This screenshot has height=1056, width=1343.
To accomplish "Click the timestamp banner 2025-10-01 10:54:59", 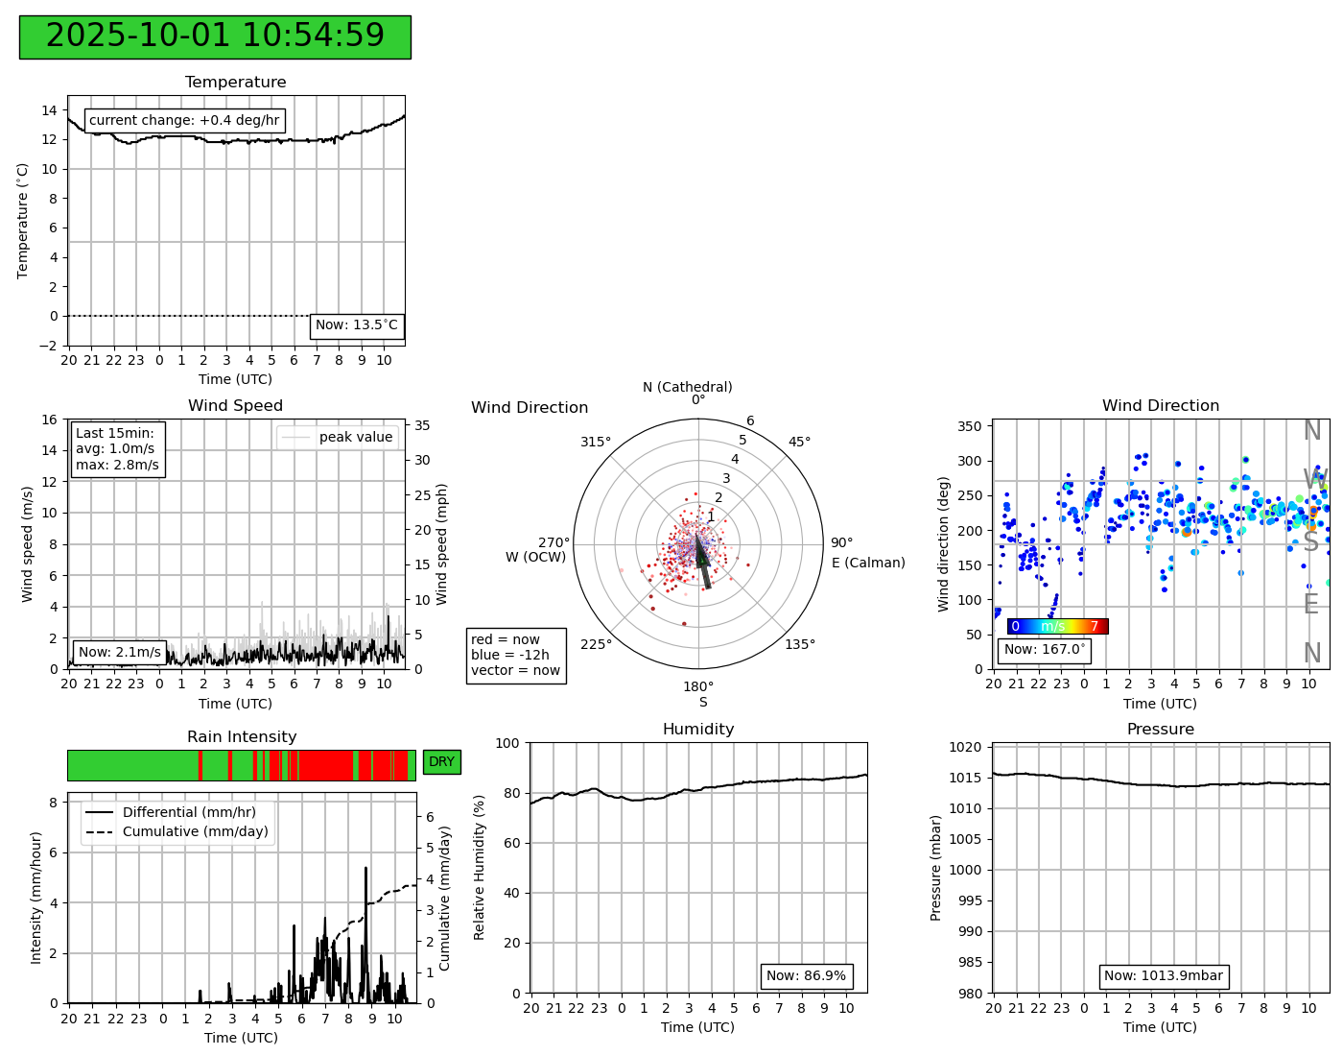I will tap(215, 36).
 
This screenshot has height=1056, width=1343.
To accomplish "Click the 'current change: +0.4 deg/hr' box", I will tap(185, 120).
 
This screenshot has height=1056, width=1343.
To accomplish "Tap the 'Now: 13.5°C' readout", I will tap(357, 325).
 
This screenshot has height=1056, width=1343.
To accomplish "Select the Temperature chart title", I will tap(235, 83).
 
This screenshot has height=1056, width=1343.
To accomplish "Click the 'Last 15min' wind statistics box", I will tap(118, 449).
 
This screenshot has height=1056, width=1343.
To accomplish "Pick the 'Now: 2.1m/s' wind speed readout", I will tap(119, 652).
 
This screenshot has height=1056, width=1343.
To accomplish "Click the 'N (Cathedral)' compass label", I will tap(687, 387).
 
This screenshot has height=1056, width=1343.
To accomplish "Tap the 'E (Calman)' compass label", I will tap(868, 563).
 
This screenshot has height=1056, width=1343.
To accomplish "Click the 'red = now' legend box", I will tap(516, 655).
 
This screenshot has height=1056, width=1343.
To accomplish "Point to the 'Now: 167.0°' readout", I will tap(1044, 650).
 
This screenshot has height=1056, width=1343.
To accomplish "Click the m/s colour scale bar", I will tap(1057, 626).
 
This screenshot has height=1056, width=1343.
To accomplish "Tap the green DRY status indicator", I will tap(441, 762).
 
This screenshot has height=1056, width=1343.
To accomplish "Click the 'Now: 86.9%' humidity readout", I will tap(806, 976).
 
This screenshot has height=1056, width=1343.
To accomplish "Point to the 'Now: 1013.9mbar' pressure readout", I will tap(1163, 976).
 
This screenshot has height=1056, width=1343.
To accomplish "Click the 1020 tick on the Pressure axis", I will tap(969, 747).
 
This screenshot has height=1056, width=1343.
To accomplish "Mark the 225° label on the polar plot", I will tap(596, 644).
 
